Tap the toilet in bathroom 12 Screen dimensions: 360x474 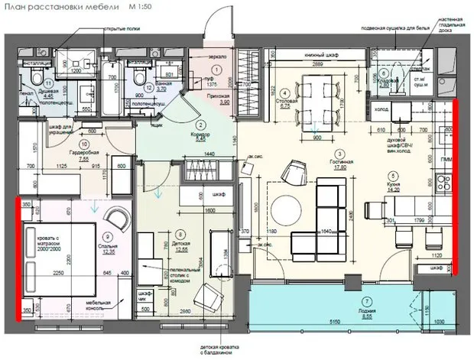pyautogui.click(x=139, y=77)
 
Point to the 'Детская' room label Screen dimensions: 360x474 pyautogui.click(x=180, y=242)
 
